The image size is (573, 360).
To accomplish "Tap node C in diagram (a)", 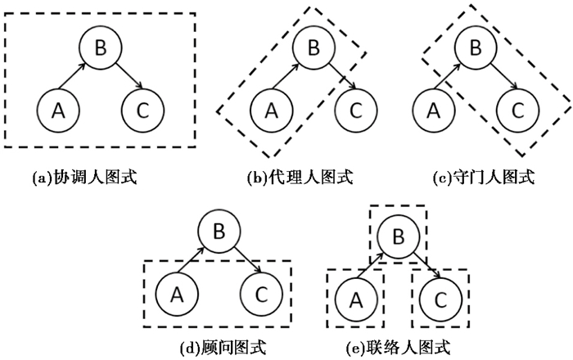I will click(x=142, y=108).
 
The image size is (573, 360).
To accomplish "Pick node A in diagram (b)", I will click(x=269, y=108).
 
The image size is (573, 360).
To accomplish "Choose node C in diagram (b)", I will click(x=354, y=108).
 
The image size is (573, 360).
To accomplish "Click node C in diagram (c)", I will click(x=515, y=108).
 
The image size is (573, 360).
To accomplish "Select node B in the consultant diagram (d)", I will click(x=218, y=232).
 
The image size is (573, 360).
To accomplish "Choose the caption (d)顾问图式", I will click(x=220, y=347).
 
